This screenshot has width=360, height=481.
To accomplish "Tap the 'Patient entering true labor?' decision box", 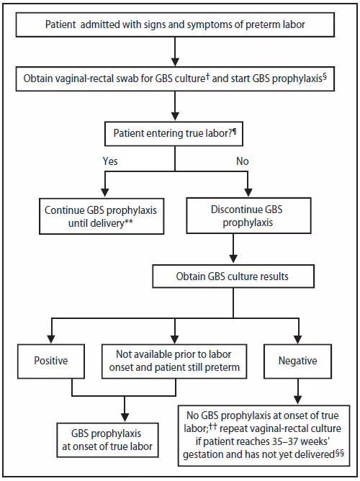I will (176, 133).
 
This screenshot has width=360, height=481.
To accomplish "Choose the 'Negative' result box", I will (298, 361).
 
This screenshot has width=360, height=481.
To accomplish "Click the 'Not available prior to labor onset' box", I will (174, 361).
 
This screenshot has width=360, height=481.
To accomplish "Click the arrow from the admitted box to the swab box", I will (176, 53).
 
